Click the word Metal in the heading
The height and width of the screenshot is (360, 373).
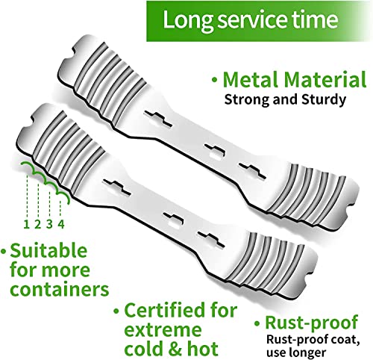pos(251,79)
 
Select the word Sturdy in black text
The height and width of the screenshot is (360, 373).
pos(324,100)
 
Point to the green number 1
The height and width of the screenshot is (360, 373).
pos(27,225)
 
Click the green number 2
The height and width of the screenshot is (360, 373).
pos(37,225)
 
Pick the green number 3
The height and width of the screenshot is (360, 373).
pos(49,225)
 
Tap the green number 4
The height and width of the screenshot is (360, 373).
pos(61,225)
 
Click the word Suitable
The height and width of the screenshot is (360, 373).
pos(48,251)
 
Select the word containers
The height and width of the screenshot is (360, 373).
pos(60,289)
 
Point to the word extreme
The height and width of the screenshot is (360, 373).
pos(163,330)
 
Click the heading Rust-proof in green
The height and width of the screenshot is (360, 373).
pos(312,323)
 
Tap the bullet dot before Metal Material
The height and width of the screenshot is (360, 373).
pos(215,80)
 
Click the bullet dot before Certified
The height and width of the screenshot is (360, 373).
pos(116,311)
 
